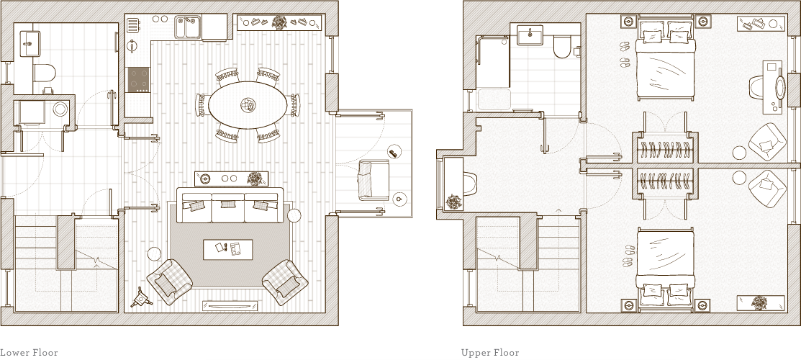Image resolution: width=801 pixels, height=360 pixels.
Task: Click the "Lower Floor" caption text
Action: (x=29, y=353)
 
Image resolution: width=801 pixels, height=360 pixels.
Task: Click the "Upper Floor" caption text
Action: (x=490, y=353)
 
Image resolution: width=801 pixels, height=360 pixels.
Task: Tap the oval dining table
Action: (x=247, y=106)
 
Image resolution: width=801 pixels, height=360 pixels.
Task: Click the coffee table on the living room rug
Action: (x=228, y=249)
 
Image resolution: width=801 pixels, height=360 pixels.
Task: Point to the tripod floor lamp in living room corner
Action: (x=139, y=297)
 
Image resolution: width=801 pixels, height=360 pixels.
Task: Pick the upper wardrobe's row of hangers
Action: (x=664, y=150)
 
